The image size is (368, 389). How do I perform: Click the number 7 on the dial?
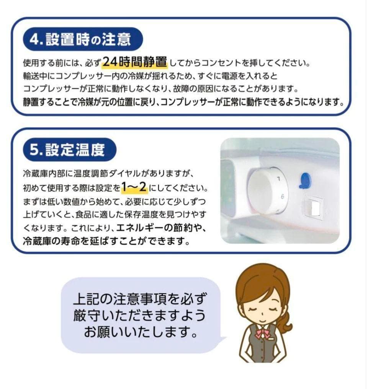[x=279, y=179]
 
